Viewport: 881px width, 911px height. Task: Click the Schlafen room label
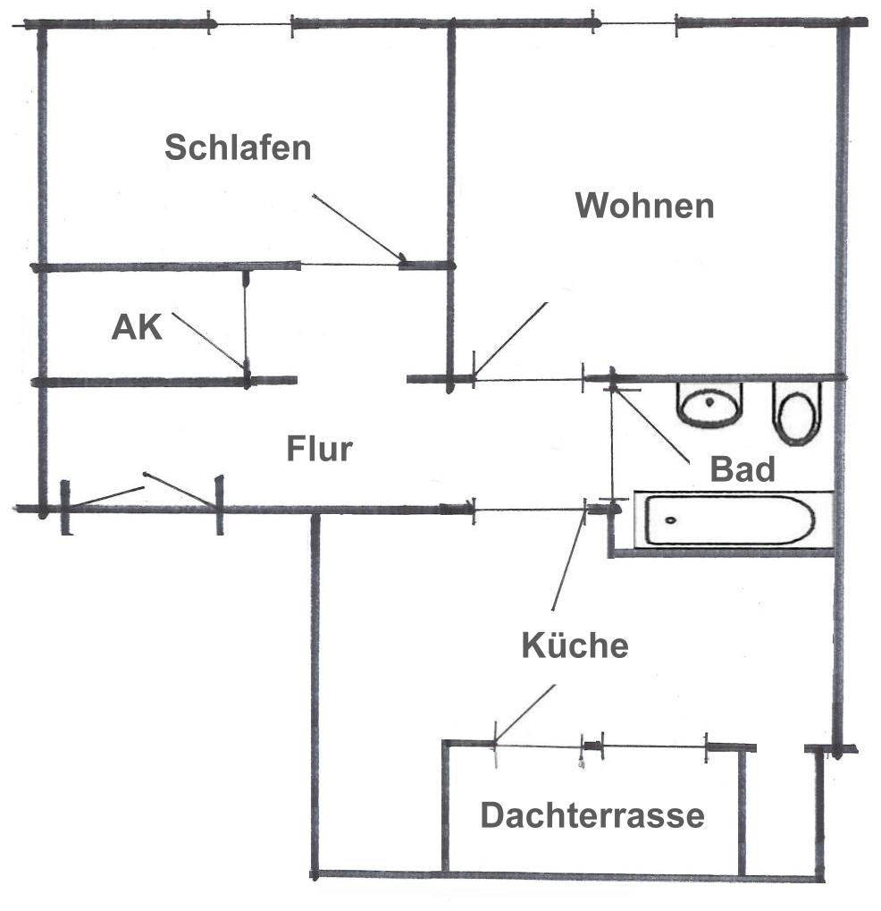(238, 148)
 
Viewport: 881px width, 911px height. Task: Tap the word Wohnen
(644, 206)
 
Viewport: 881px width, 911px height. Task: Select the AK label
(137, 327)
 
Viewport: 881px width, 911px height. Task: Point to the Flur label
(319, 449)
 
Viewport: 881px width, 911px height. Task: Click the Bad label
(743, 468)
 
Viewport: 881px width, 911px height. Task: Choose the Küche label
(575, 645)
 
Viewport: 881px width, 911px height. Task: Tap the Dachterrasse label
(592, 814)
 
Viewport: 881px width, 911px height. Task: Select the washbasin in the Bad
(709, 405)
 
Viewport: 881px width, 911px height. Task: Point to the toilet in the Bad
(797, 413)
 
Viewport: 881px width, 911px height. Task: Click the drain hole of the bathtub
(670, 520)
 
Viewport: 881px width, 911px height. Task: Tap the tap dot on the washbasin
(709, 401)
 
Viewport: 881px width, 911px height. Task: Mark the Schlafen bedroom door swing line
(357, 227)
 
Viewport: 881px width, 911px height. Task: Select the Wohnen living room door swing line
(510, 340)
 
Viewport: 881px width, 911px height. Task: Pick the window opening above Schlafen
(250, 24)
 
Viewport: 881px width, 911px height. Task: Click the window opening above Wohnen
(634, 24)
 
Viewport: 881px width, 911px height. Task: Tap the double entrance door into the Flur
(142, 502)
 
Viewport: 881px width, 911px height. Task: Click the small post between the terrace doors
(592, 746)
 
